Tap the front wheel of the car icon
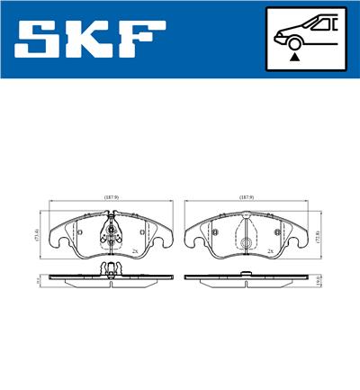[x=293, y=41]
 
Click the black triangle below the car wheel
[x=293, y=57]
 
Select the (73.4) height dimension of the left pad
[x=37, y=237]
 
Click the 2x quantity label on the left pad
[x=133, y=251]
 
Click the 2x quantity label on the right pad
[x=268, y=251]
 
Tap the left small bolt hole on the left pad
[x=81, y=234]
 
